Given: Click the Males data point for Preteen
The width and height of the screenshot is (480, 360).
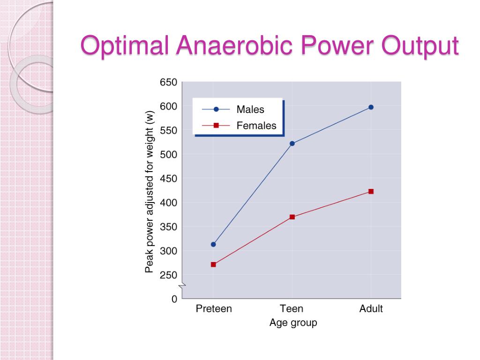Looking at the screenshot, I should (213, 244).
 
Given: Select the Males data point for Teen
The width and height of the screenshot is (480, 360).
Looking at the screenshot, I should (292, 143).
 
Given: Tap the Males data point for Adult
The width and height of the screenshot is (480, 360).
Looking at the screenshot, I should (371, 107).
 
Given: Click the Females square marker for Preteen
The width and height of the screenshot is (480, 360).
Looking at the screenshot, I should (213, 264).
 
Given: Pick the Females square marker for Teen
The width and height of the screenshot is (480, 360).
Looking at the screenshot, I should (292, 217).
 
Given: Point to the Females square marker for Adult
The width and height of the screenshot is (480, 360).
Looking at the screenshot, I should (371, 191).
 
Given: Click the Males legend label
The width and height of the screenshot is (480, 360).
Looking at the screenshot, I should (250, 110).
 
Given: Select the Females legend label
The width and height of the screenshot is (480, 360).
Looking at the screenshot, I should (256, 126).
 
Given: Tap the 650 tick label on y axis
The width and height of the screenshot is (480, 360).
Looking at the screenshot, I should (169, 82).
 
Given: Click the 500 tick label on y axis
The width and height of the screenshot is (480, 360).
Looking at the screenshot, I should (169, 155).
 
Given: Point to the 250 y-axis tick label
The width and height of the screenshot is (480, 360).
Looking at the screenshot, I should (169, 275).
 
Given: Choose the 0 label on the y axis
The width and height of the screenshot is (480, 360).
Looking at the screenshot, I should (174, 299).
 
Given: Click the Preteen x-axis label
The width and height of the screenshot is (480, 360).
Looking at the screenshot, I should (213, 309).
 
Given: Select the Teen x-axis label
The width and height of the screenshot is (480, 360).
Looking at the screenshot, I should (292, 309).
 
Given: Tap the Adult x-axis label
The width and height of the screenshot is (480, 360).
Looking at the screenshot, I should (371, 309).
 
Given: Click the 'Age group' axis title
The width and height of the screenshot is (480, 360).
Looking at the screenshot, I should (293, 323).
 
